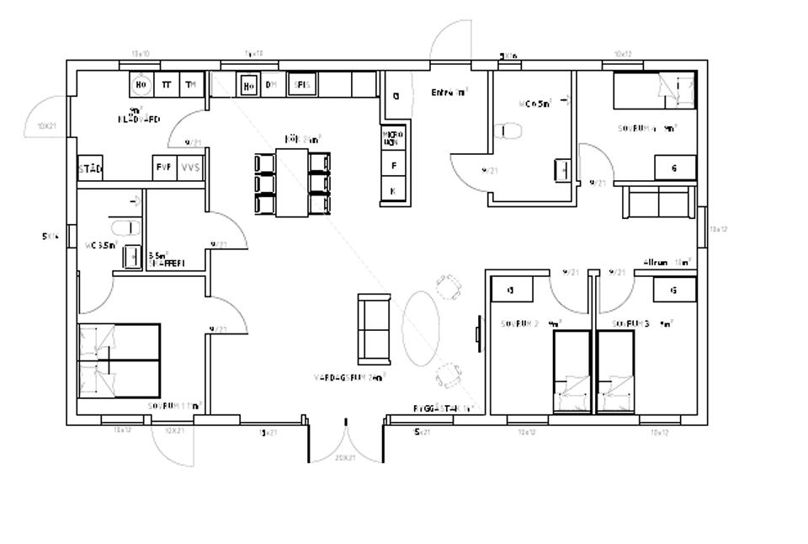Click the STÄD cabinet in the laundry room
coord(89,168)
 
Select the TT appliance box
coord(167,84)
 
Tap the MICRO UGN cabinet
coord(393,139)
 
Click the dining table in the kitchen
coord(292,183)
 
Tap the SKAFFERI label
coord(165,263)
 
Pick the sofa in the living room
coord(374,328)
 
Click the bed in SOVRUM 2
coord(572,371)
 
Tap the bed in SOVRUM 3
coord(616,371)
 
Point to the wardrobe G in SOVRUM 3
coord(674,290)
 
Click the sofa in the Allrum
coord(658,202)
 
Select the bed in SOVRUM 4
coord(654,92)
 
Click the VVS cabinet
coord(191,168)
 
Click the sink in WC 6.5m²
coord(561,169)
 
